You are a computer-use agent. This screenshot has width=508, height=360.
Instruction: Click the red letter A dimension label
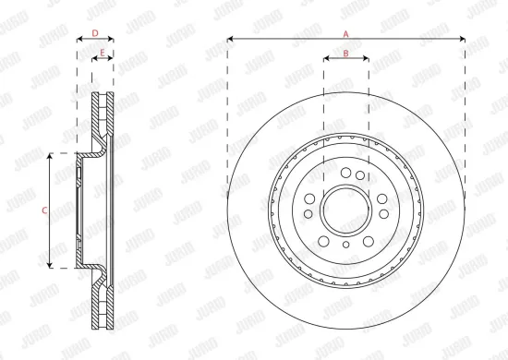click(346, 33)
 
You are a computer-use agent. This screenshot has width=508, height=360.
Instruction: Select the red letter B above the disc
click(345, 54)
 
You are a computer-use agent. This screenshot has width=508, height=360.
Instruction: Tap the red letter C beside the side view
click(44, 210)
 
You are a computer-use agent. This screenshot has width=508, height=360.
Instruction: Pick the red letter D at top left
click(94, 33)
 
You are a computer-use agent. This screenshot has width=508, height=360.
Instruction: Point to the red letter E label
click(102, 53)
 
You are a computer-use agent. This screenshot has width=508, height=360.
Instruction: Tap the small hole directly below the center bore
click(345, 246)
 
